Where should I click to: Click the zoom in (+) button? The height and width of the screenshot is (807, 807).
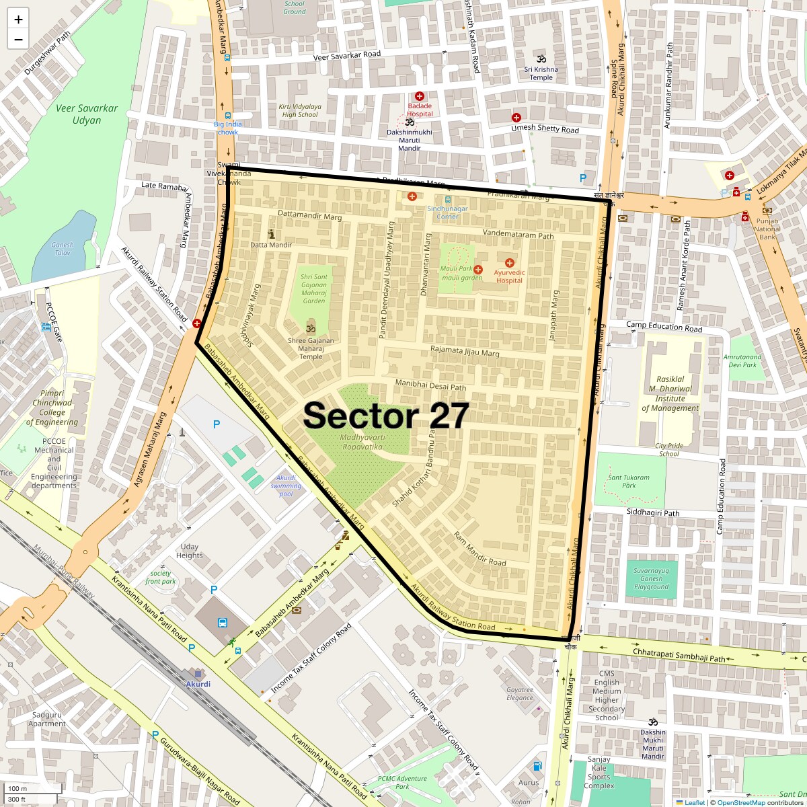[18, 20]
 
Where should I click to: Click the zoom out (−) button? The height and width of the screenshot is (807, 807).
[18, 39]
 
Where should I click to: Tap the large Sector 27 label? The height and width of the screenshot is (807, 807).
[385, 416]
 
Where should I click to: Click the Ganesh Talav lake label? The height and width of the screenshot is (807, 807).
[63, 249]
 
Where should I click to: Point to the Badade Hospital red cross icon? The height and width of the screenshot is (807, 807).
[420, 96]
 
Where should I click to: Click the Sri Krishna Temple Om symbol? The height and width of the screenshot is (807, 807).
[541, 59]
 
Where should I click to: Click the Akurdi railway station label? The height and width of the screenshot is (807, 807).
[198, 684]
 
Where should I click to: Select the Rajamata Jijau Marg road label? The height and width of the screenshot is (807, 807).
[465, 351]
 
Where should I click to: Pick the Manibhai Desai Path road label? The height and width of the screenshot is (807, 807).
[430, 385]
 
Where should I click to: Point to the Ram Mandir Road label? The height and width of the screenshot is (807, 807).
[479, 549]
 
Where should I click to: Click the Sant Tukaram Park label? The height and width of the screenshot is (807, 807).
[629, 482]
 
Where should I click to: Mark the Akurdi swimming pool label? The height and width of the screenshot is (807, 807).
[286, 486]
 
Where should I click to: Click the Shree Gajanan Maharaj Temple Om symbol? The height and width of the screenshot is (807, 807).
[310, 330]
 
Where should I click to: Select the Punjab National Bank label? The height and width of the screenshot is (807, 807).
[767, 229]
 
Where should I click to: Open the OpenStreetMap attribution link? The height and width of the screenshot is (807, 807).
[740, 802]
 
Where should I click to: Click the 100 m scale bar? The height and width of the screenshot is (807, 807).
[34, 788]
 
